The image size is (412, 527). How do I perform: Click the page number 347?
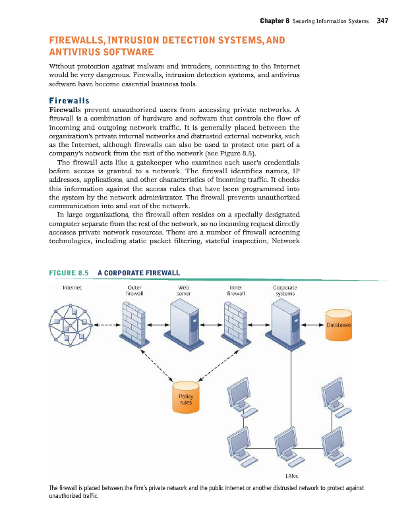[x=382, y=20]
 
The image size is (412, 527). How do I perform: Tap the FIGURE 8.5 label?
[x=69, y=271]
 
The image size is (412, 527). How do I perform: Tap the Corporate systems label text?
[x=285, y=291]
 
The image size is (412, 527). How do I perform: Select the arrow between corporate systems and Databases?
[x=312, y=325]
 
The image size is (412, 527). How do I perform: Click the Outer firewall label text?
[x=135, y=291]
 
